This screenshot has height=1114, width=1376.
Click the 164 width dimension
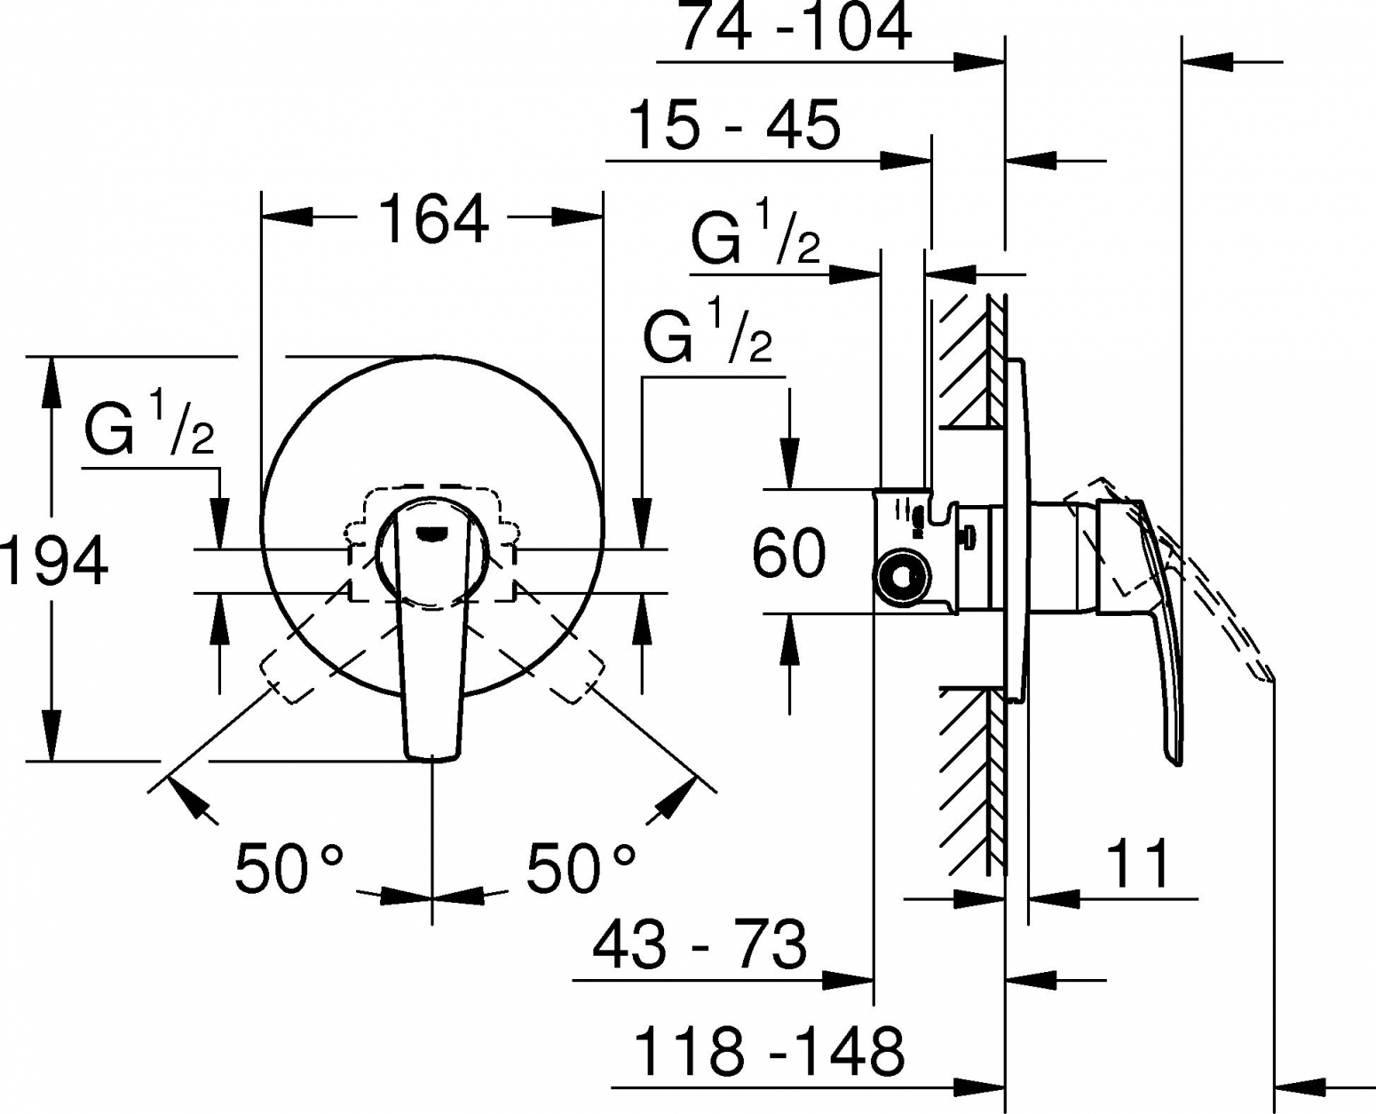pyautogui.click(x=433, y=219)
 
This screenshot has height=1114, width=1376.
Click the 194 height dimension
pyautogui.click(x=54, y=561)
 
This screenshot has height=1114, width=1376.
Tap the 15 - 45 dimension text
pyautogui.click(x=734, y=125)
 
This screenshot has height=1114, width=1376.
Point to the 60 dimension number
pyautogui.click(x=789, y=553)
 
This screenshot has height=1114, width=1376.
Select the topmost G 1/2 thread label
pyautogui.click(x=755, y=233)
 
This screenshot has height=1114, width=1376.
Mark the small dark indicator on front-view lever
pyautogui.click(x=431, y=533)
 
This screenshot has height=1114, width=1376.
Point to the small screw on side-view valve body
pyautogui.click(x=969, y=538)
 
